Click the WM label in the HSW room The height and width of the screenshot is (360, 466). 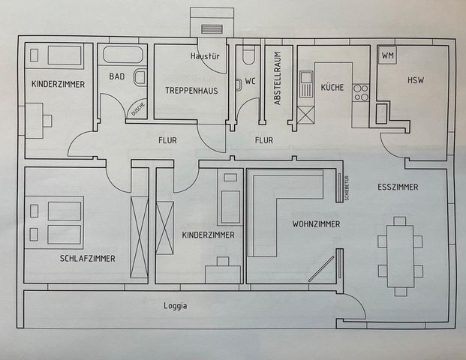click(x=388, y=56)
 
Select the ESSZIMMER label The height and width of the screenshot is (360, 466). click(x=398, y=187)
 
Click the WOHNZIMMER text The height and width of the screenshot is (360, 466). click(x=316, y=224)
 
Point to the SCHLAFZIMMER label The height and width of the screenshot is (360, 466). click(x=87, y=259)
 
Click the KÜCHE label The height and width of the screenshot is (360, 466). click(x=332, y=88)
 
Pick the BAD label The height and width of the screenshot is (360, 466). click(x=116, y=76)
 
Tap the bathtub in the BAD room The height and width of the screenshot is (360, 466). click(x=125, y=55)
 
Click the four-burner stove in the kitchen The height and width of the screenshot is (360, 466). click(x=361, y=91)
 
